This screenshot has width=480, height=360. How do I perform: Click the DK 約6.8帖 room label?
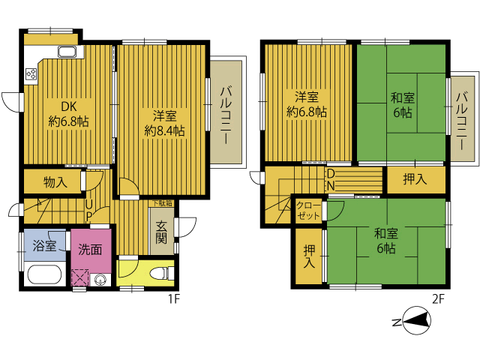[68, 114]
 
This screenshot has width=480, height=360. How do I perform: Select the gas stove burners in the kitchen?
[31, 73]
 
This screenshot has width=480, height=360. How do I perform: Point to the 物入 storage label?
[55, 182]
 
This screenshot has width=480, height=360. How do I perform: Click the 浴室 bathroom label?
[44, 245]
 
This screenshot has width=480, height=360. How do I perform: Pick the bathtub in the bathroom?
[45, 274]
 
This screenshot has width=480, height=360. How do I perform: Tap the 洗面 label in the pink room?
[90, 250]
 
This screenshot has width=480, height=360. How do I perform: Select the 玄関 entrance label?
[161, 232]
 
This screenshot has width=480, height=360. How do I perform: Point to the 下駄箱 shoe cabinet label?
[162, 203]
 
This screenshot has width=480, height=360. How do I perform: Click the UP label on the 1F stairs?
[88, 210]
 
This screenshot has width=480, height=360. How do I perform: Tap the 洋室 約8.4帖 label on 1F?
[165, 123]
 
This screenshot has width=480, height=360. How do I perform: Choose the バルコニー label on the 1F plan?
[226, 115]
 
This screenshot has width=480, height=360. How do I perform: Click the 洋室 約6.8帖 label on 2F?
[307, 105]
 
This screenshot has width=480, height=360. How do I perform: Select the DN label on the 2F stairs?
[331, 180]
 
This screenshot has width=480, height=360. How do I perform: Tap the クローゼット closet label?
[308, 211]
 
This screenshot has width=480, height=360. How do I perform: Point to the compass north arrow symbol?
[417, 322]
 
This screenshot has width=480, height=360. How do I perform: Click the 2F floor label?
[438, 299]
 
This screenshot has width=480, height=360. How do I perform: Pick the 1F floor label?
[173, 299]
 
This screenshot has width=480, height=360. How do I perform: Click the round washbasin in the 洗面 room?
[100, 280]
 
